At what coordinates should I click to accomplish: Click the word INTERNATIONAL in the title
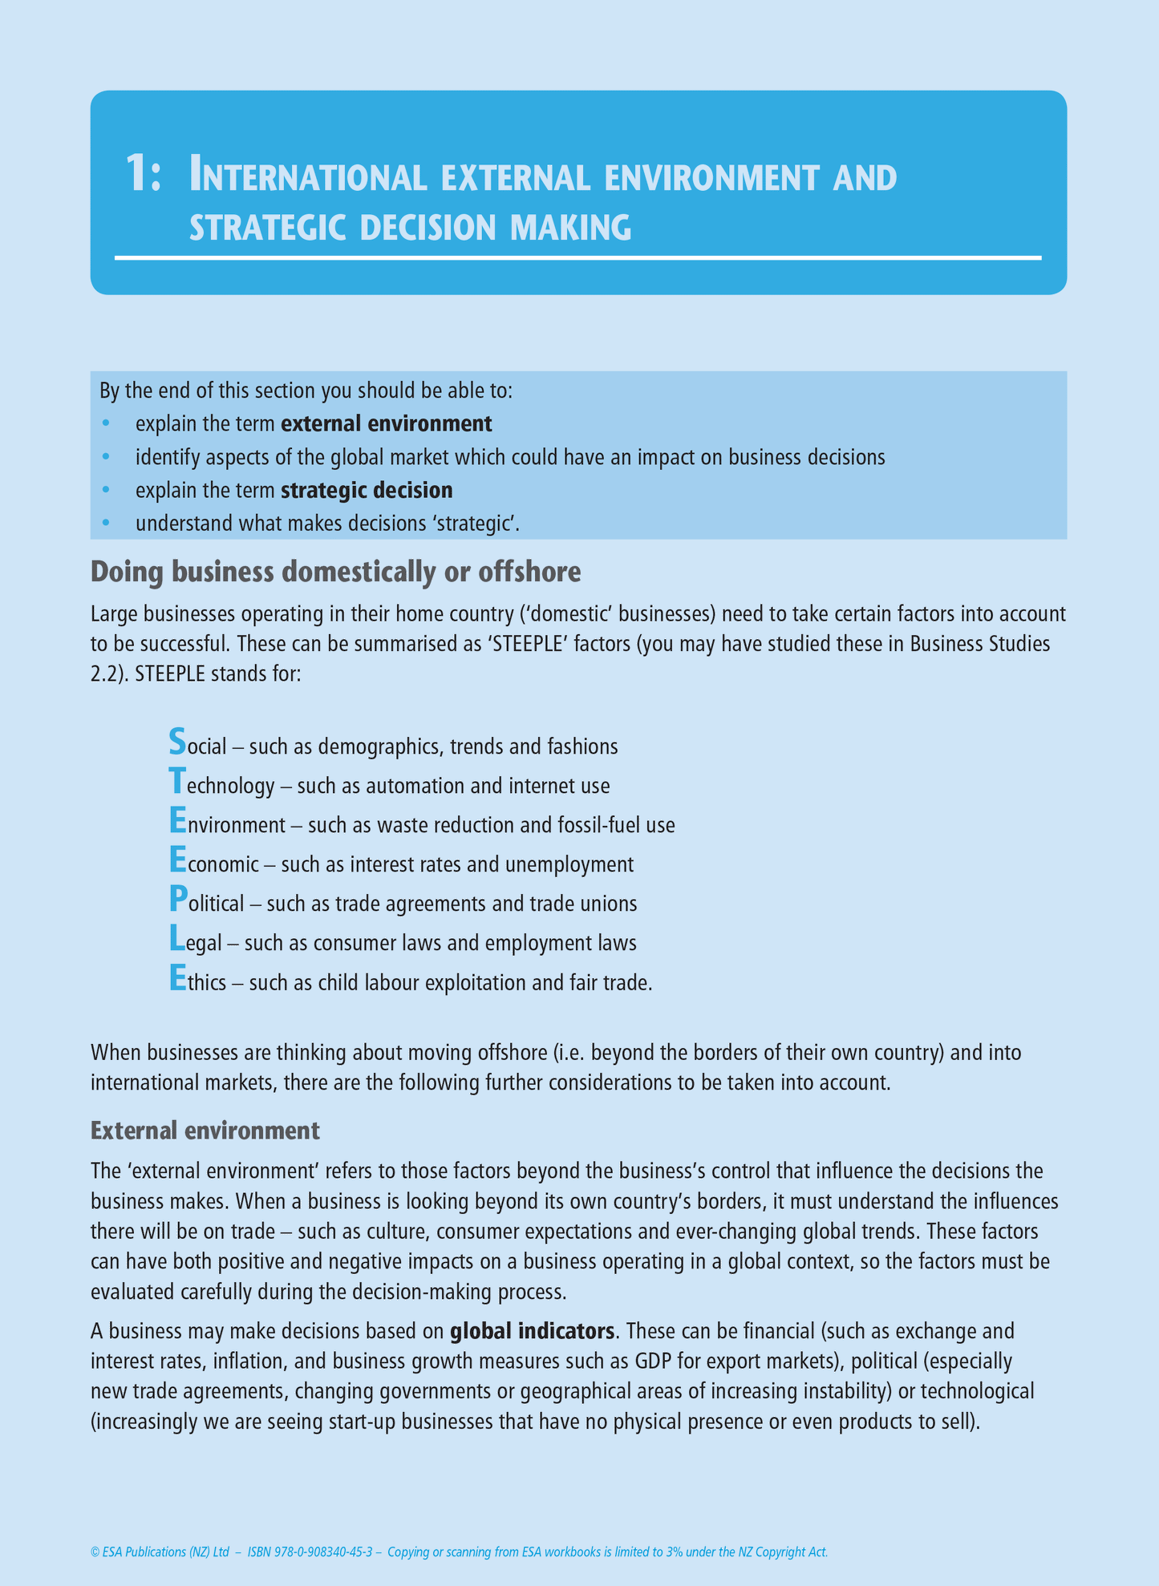pyautogui.click(x=307, y=176)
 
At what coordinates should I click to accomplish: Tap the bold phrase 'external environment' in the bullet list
pyautogui.click(x=387, y=423)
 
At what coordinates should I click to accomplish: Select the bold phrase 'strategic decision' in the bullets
pyautogui.click(x=367, y=490)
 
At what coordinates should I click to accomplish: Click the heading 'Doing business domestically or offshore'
pyautogui.click(x=335, y=572)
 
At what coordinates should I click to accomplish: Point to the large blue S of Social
pyautogui.click(x=177, y=742)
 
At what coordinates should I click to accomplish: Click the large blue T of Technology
pyautogui.click(x=177, y=781)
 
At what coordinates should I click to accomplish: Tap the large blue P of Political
pyautogui.click(x=177, y=900)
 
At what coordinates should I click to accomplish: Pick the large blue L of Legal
pyautogui.click(x=176, y=939)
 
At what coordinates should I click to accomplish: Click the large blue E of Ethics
pyautogui.click(x=177, y=978)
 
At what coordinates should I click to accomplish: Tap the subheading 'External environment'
pyautogui.click(x=205, y=1131)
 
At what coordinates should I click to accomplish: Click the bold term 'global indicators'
pyautogui.click(x=532, y=1332)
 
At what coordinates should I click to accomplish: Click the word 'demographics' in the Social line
pyautogui.click(x=379, y=747)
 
